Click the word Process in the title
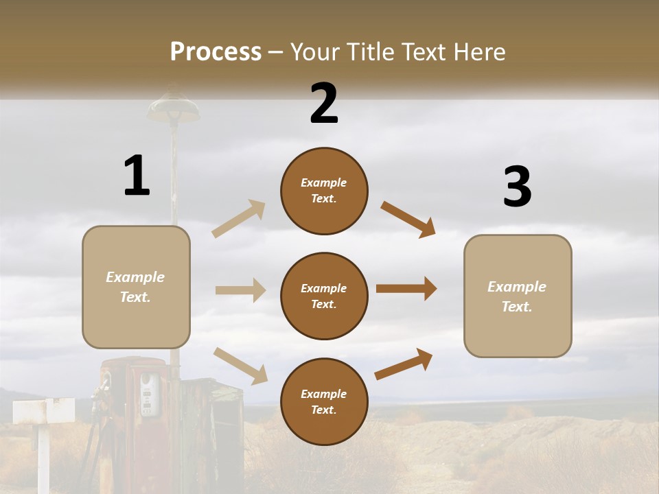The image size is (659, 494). pyautogui.click(x=216, y=51)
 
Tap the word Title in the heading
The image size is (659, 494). pyautogui.click(x=368, y=51)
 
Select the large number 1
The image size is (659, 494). pyautogui.click(x=137, y=176)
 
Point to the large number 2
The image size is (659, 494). pyautogui.click(x=324, y=104)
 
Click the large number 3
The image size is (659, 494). pyautogui.click(x=517, y=187)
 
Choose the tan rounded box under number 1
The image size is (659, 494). pyautogui.click(x=136, y=287)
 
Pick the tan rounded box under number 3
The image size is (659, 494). pyautogui.click(x=518, y=296)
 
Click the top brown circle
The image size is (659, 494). pyautogui.click(x=324, y=191)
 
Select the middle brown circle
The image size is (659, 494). pyautogui.click(x=324, y=296)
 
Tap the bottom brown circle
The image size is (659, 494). pyautogui.click(x=324, y=401)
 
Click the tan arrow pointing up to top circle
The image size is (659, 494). pyautogui.click(x=239, y=218)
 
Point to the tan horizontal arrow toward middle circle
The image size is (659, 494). pyautogui.click(x=240, y=290)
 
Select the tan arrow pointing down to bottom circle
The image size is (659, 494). pyautogui.click(x=240, y=365)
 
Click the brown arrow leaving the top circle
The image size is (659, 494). pyautogui.click(x=408, y=219)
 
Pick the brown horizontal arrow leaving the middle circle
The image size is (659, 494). pyautogui.click(x=406, y=289)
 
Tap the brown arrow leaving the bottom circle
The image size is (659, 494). pyautogui.click(x=404, y=364)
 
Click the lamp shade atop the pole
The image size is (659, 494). pyautogui.click(x=173, y=106)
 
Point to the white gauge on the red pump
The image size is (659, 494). pyautogui.click(x=147, y=395)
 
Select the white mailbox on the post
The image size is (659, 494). pyautogui.click(x=43, y=411)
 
